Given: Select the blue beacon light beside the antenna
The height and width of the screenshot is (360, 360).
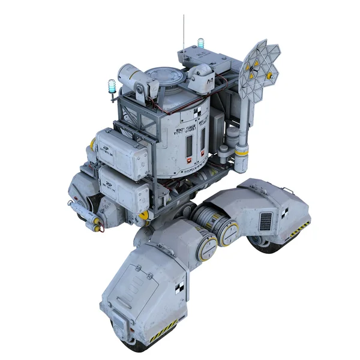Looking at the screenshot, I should [200, 44].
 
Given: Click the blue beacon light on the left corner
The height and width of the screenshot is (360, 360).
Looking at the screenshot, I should [112, 86].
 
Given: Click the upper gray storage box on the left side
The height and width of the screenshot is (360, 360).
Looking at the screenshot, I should [122, 153].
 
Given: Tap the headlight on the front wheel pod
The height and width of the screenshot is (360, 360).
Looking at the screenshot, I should [119, 325].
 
